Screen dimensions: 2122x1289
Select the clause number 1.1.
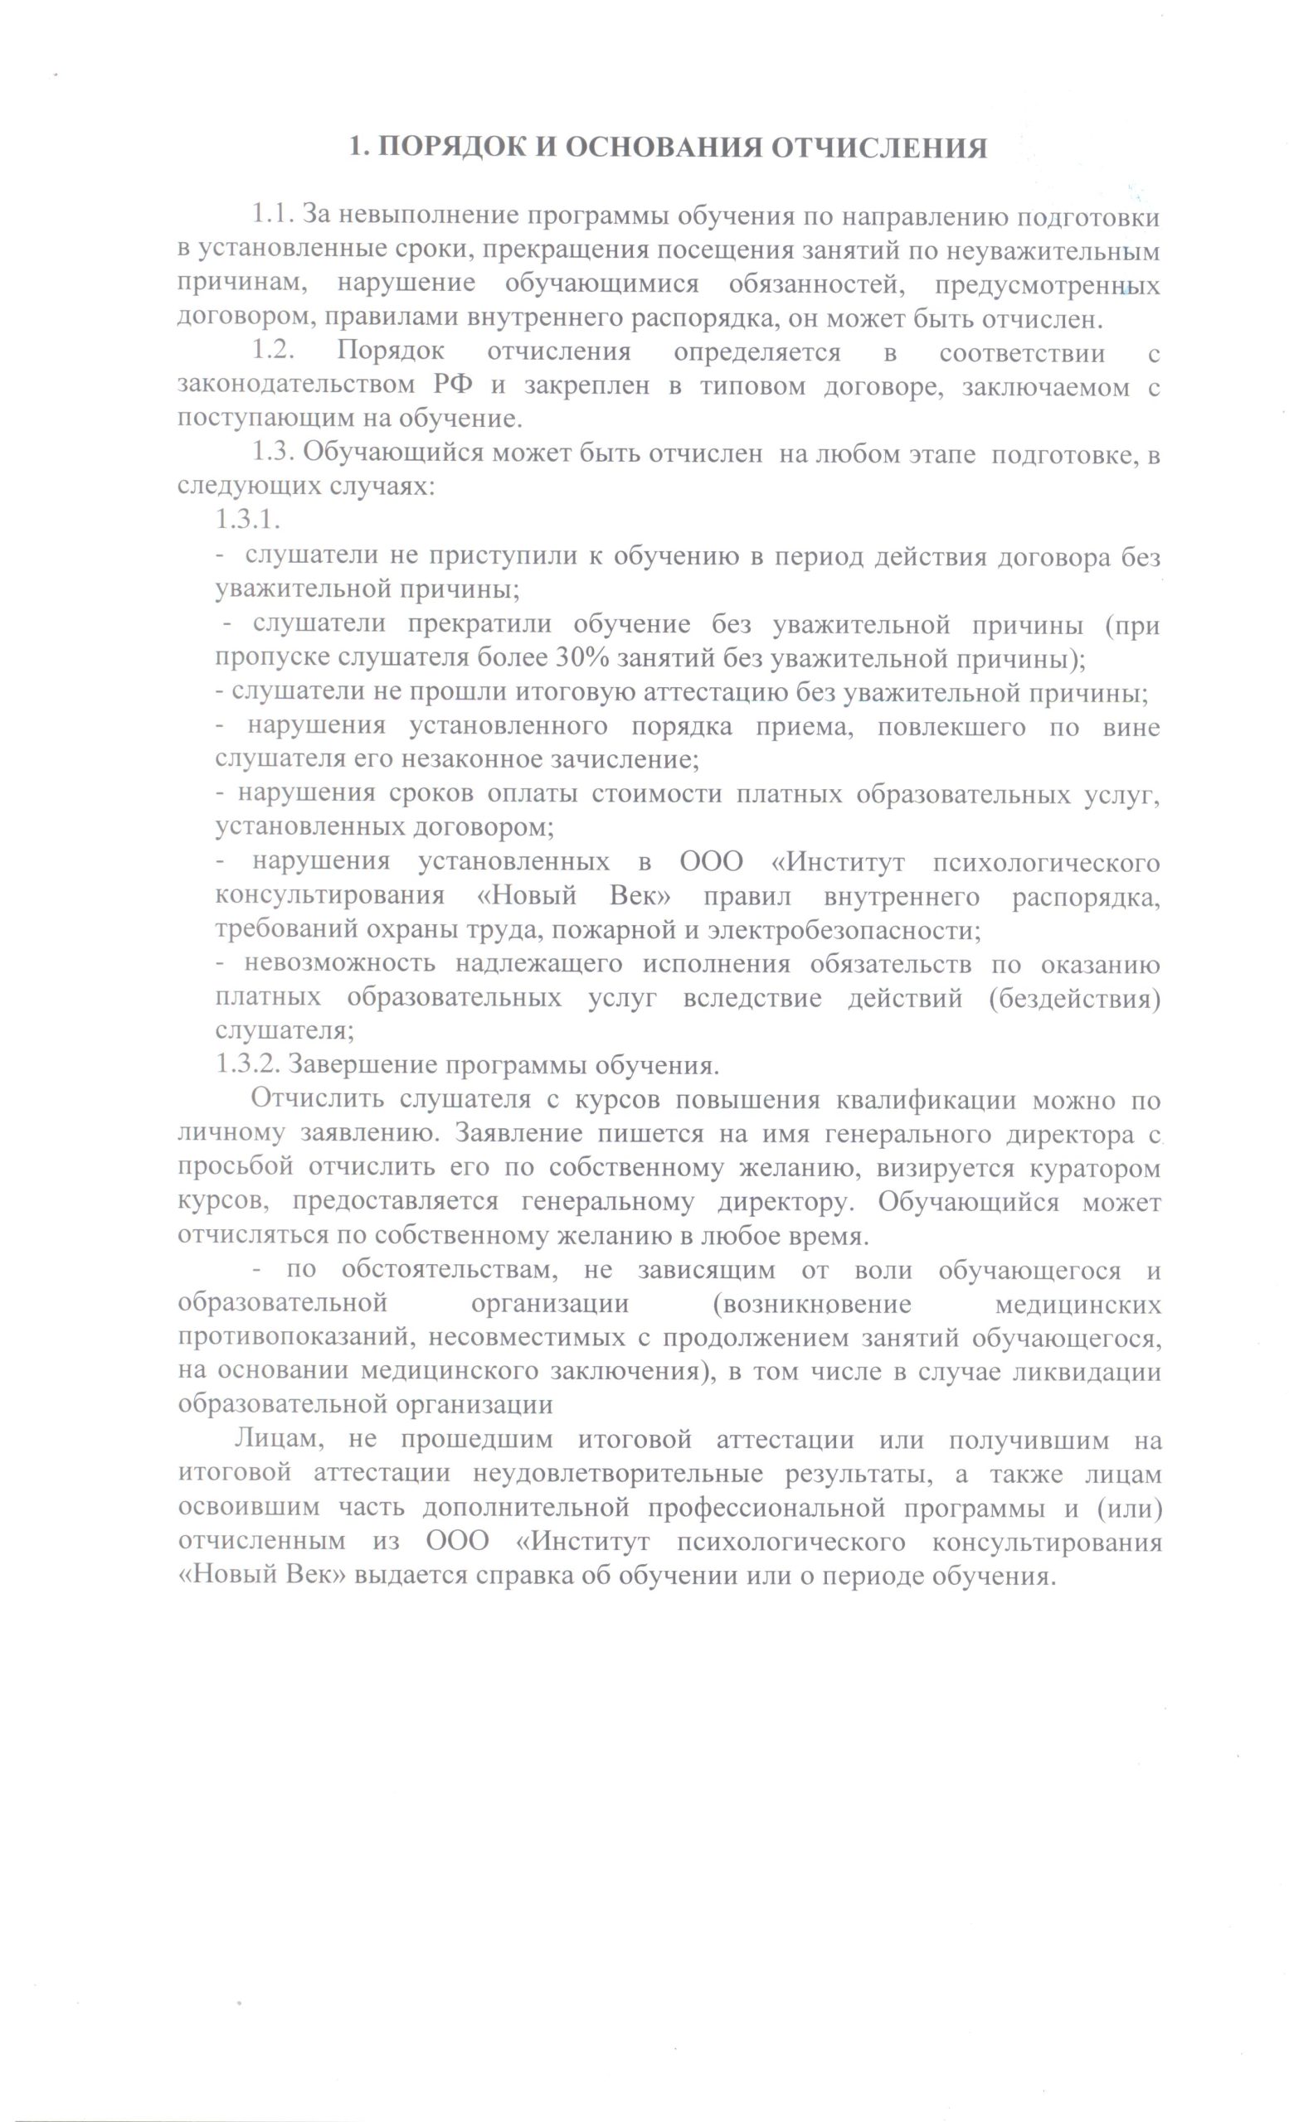273,216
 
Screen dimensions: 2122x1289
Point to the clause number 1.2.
273,352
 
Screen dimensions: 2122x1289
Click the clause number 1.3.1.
248,521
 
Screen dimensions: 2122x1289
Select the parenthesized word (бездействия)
1073,998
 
